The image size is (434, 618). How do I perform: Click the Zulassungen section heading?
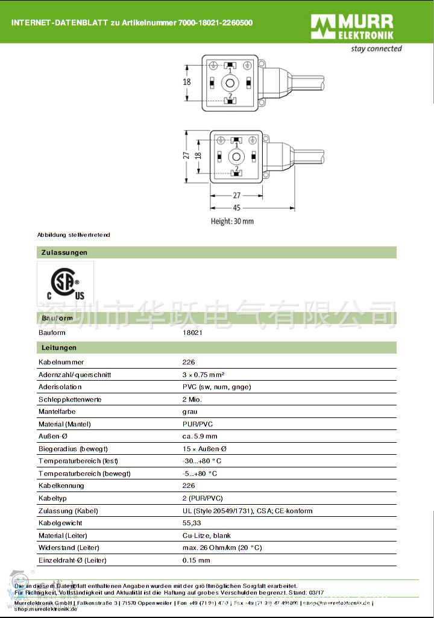point(64,252)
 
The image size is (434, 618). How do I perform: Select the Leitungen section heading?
point(58,348)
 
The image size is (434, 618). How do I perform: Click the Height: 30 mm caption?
point(232,221)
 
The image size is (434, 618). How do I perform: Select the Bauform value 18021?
point(192,332)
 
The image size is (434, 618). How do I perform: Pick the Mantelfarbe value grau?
point(189,411)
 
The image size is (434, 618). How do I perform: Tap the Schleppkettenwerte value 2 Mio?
point(192,399)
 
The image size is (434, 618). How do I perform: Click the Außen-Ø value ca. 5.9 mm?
point(200,436)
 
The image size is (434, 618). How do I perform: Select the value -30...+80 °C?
point(202,461)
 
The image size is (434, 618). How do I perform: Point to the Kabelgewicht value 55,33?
point(192,523)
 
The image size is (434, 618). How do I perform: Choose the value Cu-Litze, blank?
point(206,535)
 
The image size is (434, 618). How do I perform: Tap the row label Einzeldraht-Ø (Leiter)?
point(72,560)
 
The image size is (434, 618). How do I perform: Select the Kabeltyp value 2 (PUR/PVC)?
point(203,498)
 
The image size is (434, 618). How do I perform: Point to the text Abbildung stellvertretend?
point(74,234)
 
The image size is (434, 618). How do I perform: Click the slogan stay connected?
point(376,49)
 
